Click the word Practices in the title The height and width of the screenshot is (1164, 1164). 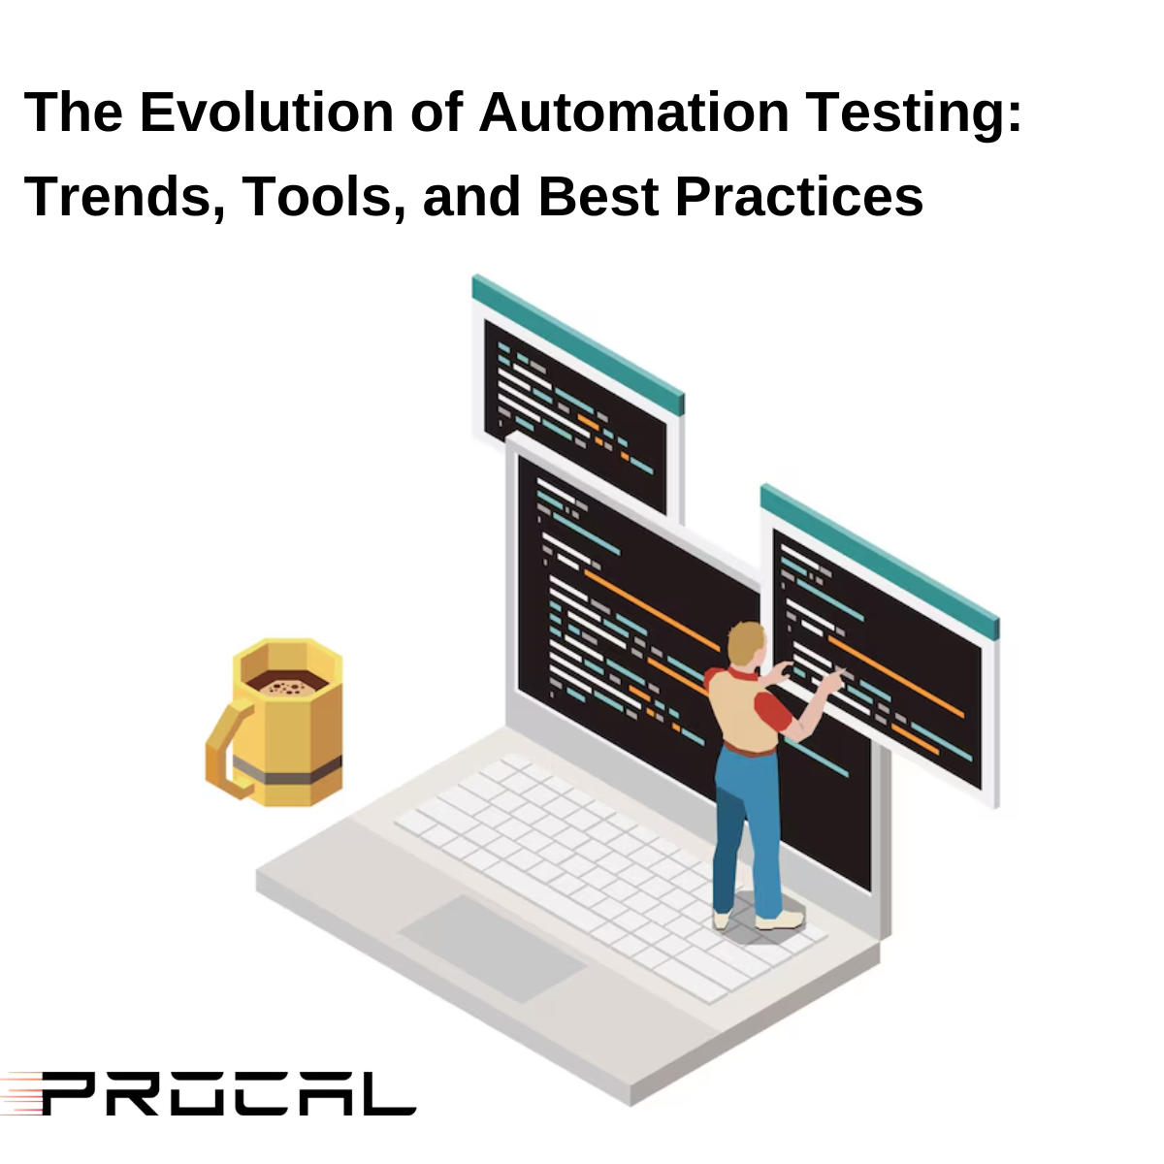(x=798, y=197)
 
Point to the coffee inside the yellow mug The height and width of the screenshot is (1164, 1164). (x=286, y=683)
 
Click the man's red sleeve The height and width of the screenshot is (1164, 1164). (x=771, y=709)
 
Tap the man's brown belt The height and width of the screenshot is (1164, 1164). (x=749, y=749)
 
